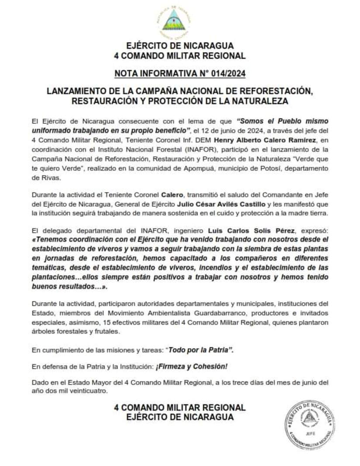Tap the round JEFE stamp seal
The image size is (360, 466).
click(x=310, y=425)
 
